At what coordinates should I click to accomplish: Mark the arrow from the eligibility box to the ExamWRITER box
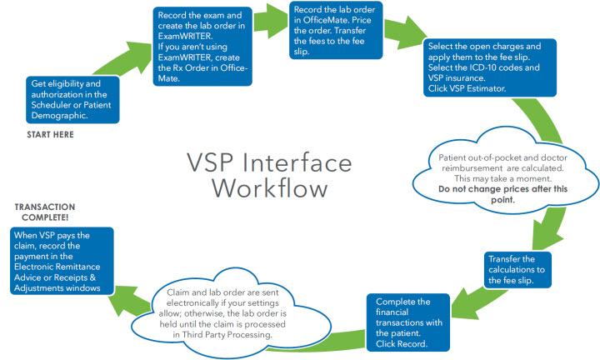point(126,59)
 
